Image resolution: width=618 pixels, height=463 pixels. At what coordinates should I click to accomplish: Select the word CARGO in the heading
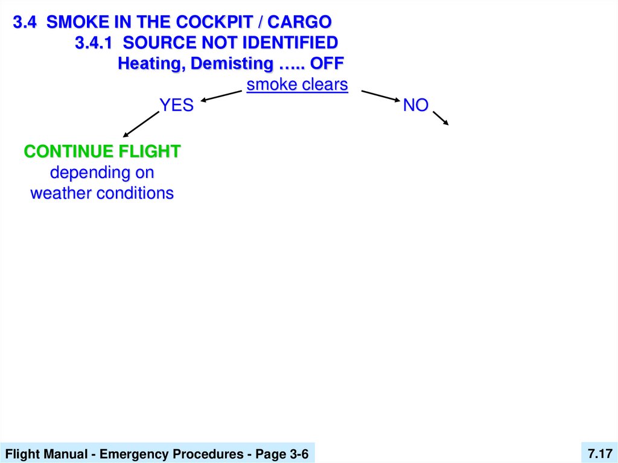click(299, 22)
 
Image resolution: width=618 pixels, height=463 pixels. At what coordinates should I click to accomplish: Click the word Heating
click(151, 63)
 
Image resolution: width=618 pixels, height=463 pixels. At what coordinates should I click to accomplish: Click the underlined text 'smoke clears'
click(298, 85)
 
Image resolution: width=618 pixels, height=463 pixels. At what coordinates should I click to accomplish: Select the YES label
click(176, 106)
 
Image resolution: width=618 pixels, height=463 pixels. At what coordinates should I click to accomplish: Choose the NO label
click(416, 106)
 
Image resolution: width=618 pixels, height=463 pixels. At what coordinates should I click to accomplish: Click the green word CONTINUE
click(69, 152)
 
